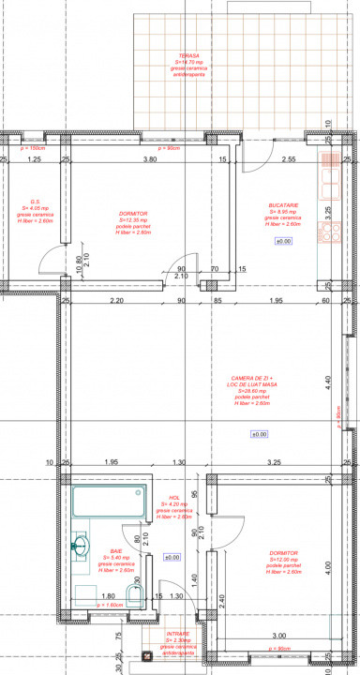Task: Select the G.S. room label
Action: [35, 202]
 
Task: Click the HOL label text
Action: [174, 498]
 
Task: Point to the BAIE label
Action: [116, 551]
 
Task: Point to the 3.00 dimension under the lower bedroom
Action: [279, 636]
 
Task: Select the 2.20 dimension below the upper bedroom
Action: [116, 301]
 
